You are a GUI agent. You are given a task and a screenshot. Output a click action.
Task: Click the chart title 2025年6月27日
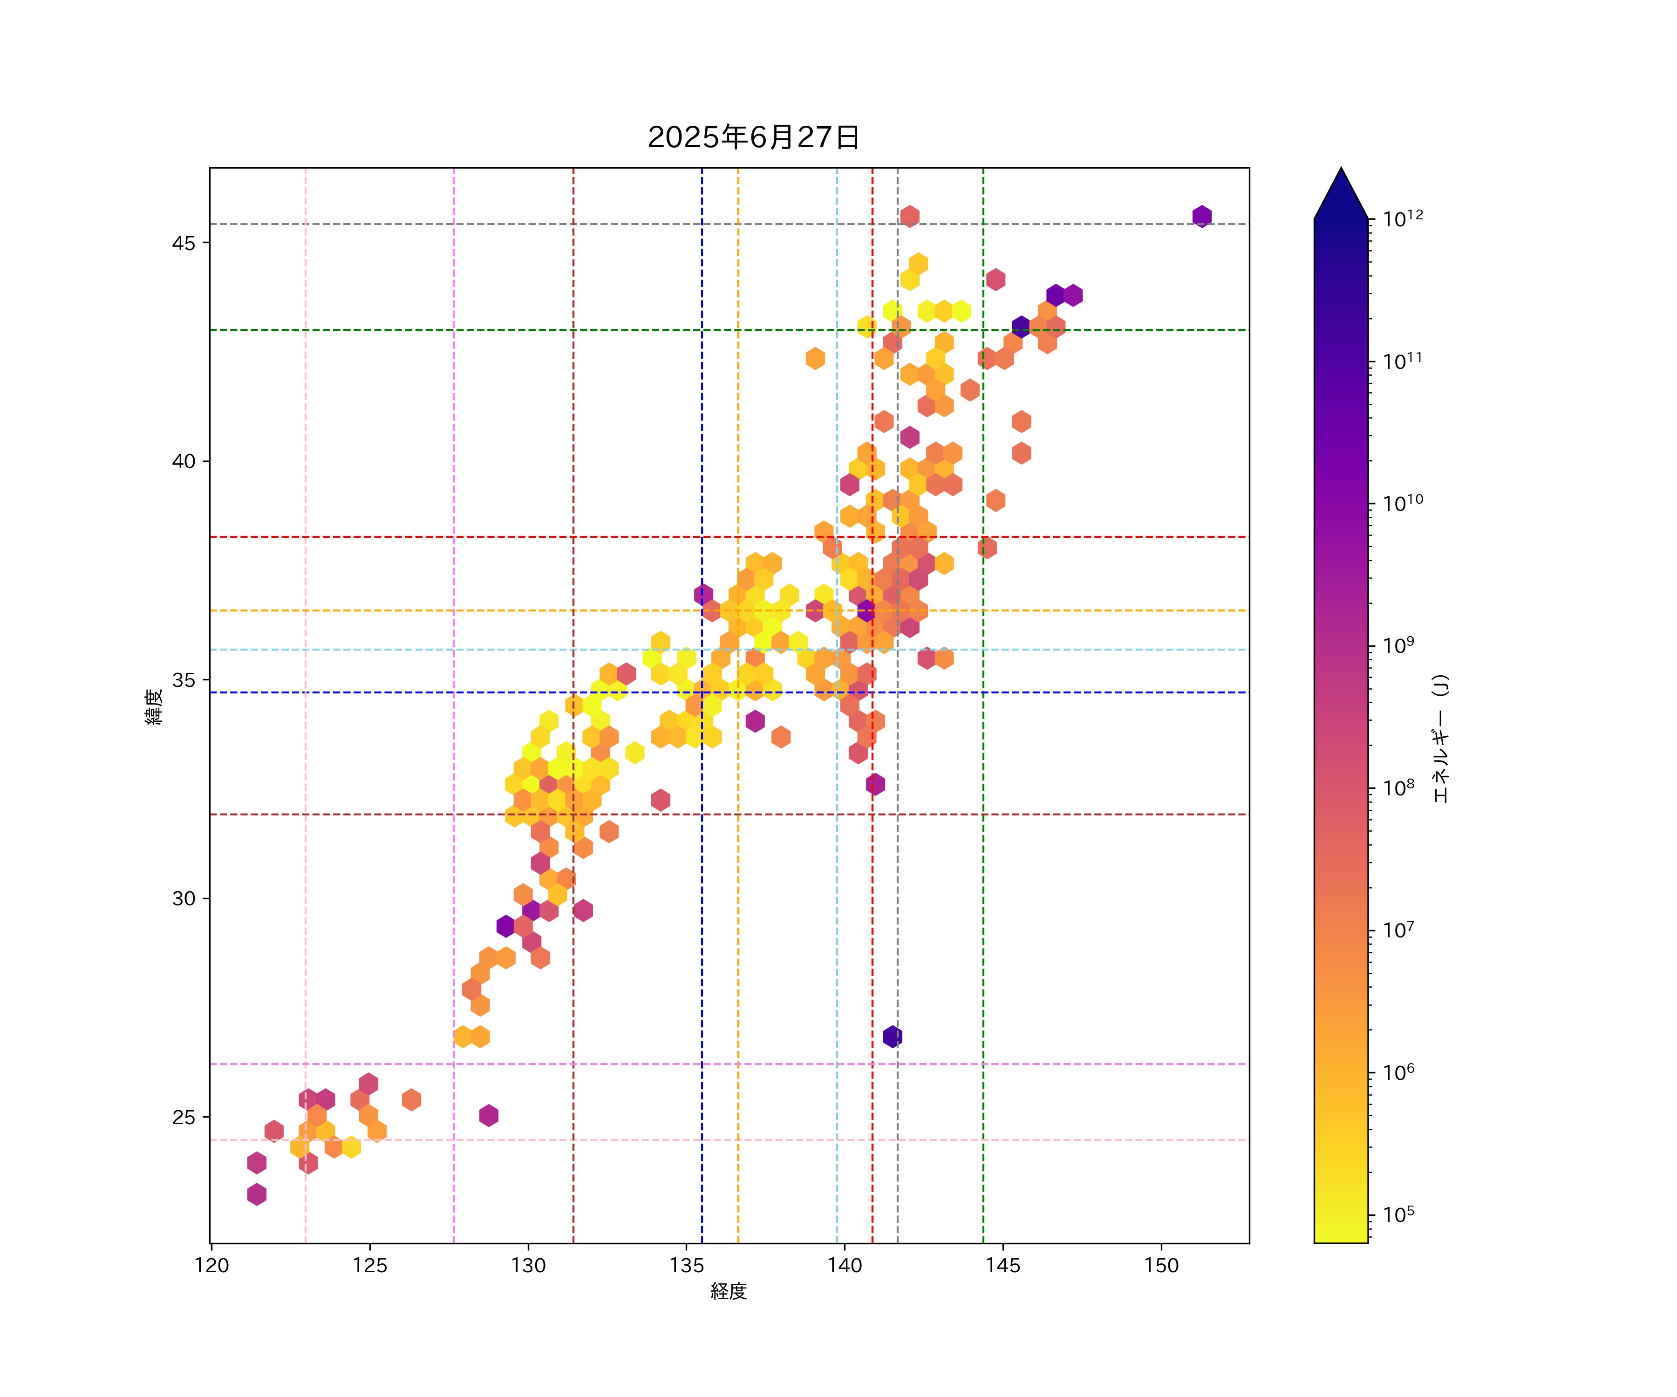coord(753,137)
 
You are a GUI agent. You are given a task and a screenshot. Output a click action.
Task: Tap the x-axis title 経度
coord(728,1291)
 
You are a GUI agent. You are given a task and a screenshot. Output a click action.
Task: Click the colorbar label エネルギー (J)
coord(1440,739)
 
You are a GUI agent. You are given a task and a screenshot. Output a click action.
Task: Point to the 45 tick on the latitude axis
coord(184,243)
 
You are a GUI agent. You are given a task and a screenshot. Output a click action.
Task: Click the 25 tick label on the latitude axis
coord(184,1117)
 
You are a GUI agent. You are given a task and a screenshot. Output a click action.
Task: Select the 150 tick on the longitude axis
coord(1161,1265)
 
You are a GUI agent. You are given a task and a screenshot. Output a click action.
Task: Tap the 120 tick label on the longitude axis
coord(211,1265)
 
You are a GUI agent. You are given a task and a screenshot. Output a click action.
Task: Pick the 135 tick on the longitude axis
coord(686,1265)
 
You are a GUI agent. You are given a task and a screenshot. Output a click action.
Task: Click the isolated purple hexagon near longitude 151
coord(1202,217)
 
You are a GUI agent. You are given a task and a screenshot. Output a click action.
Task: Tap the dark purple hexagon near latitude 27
coord(893,1037)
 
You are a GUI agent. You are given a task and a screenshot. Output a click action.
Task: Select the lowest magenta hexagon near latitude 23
coord(256,1194)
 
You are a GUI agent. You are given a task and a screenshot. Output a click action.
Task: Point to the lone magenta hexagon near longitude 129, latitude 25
coord(489,1115)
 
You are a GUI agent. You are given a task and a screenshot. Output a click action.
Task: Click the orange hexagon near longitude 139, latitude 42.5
coord(815,359)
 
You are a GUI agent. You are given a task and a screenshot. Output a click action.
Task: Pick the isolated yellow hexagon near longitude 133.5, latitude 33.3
coord(635,752)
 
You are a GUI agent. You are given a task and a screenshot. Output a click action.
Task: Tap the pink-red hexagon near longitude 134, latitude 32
coord(661,800)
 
